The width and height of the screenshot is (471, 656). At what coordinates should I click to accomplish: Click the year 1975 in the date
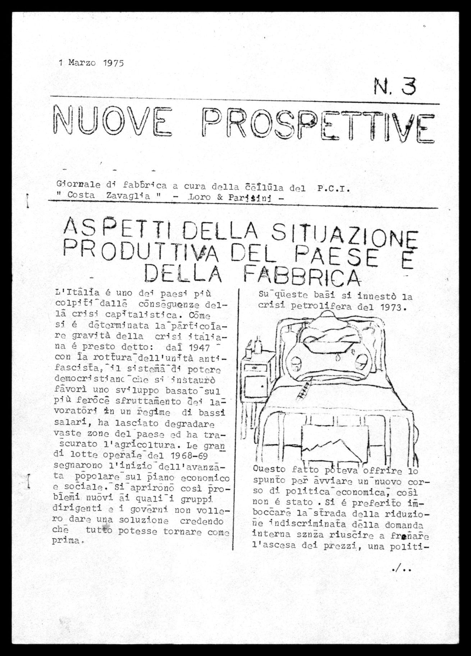(113, 63)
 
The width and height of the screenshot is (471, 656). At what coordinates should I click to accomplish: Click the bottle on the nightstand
(258, 345)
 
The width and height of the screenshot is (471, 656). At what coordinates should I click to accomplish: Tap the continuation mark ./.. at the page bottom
(402, 570)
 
